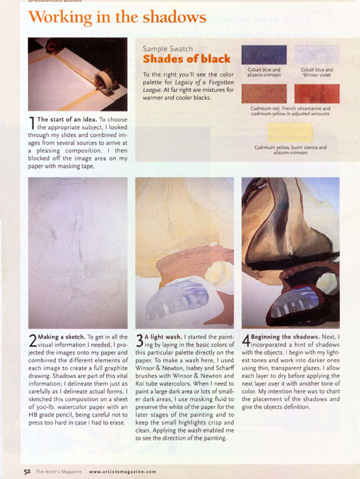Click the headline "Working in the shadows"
click(x=117, y=17)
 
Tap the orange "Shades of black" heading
click(x=186, y=58)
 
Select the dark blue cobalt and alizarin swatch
click(x=264, y=54)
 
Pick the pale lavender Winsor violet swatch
click(x=317, y=54)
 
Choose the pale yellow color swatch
click(x=291, y=132)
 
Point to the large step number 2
click(x=32, y=341)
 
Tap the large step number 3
click(x=139, y=341)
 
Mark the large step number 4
click(x=246, y=341)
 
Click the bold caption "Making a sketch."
click(x=62, y=337)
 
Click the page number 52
click(x=27, y=472)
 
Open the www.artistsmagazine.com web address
click(x=123, y=472)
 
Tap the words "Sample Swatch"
click(x=168, y=49)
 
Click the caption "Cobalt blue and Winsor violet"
click(x=317, y=72)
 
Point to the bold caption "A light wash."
click(x=163, y=337)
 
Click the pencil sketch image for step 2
click(x=78, y=253)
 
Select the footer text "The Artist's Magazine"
click(x=58, y=472)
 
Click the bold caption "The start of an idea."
click(x=67, y=119)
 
